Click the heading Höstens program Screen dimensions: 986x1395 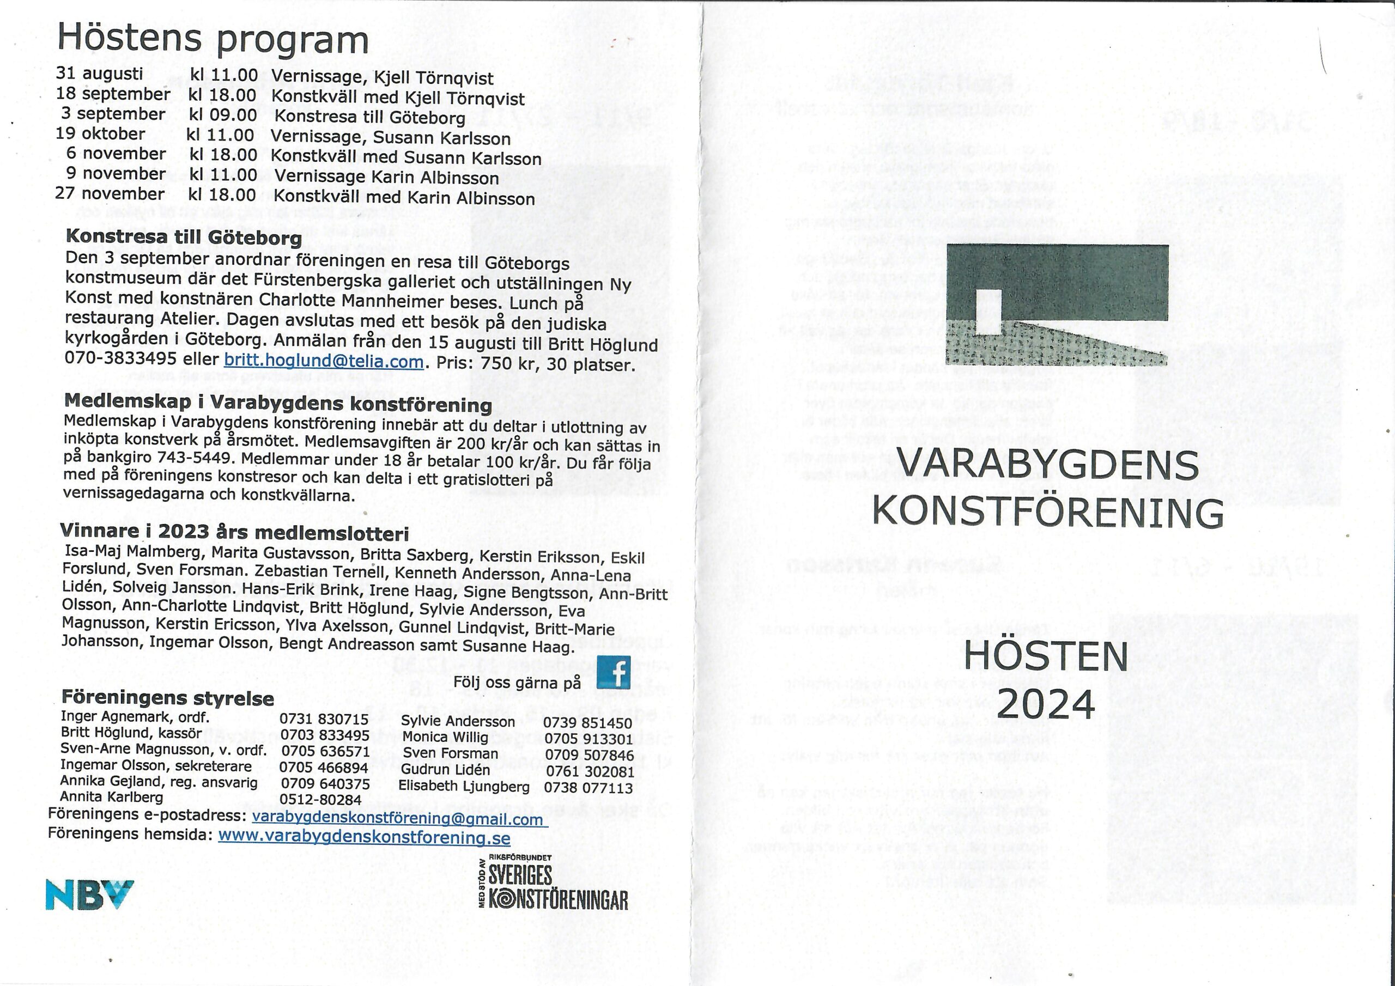213,39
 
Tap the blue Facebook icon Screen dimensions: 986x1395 614,673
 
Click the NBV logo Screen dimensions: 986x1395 89,895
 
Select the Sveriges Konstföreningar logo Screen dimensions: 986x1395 554,884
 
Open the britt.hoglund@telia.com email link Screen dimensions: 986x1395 323,362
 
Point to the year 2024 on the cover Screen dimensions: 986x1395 1046,705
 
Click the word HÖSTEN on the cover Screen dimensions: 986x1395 1046,657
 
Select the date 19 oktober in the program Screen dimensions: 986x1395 100,133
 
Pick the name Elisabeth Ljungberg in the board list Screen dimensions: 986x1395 464,786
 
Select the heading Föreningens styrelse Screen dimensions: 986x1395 167,698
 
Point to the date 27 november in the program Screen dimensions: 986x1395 110,194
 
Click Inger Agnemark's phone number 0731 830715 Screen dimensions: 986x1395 324,719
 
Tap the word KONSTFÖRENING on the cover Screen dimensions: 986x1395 1048,513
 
